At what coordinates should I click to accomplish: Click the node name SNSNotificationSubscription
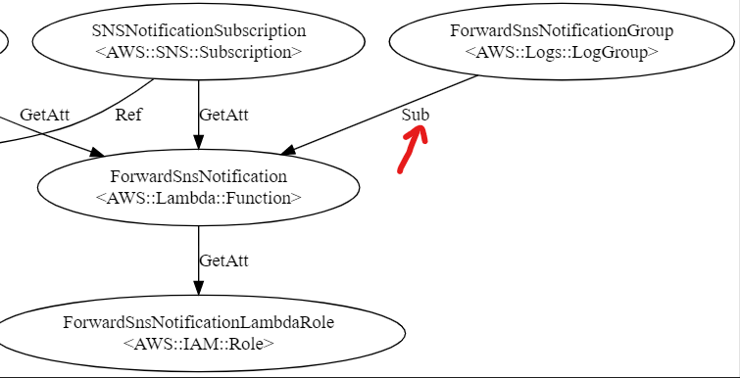(x=199, y=31)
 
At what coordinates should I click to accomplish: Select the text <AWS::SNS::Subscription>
(x=199, y=52)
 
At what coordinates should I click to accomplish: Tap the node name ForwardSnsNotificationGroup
(x=562, y=31)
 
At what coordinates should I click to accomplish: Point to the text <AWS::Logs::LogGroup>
(x=562, y=52)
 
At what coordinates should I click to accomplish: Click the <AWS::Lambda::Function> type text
(x=199, y=198)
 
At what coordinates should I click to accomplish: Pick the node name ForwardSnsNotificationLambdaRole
(x=199, y=323)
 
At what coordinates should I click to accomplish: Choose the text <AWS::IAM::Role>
(x=199, y=344)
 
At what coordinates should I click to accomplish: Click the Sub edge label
(x=416, y=115)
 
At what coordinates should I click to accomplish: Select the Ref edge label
(x=128, y=115)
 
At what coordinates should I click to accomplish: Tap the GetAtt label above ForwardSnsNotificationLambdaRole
(x=223, y=260)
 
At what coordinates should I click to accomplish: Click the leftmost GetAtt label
(x=44, y=115)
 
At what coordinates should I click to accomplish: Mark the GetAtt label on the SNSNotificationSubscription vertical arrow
(x=223, y=115)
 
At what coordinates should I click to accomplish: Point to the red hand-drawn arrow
(x=412, y=151)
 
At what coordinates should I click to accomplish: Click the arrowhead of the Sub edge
(x=288, y=150)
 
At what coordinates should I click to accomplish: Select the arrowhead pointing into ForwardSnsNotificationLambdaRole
(x=199, y=288)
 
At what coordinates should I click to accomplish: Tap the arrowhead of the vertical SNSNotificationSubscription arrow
(x=199, y=142)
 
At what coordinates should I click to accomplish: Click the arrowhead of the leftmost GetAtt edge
(x=97, y=152)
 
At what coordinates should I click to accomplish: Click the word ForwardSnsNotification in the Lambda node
(x=199, y=176)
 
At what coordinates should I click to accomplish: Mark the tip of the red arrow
(x=422, y=128)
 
